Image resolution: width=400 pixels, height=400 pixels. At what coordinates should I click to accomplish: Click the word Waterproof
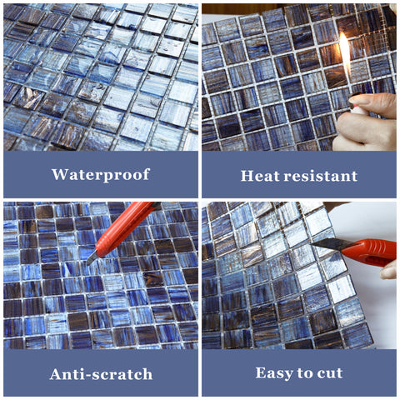pyautogui.click(x=101, y=175)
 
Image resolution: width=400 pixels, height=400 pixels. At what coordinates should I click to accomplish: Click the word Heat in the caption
pyautogui.click(x=261, y=176)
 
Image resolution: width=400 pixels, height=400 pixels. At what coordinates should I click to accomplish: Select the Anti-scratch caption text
pyautogui.click(x=101, y=374)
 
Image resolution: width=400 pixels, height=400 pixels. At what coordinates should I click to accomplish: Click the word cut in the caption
pyautogui.click(x=330, y=372)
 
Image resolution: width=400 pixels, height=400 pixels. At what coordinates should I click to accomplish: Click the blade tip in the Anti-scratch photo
pyautogui.click(x=87, y=264)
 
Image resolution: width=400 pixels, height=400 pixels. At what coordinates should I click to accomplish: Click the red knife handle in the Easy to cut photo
pyautogui.click(x=369, y=252)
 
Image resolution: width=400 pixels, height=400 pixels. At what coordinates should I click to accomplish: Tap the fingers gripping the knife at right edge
pyautogui.click(x=389, y=270)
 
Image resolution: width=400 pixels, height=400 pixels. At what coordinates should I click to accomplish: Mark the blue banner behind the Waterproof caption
pyautogui.click(x=101, y=174)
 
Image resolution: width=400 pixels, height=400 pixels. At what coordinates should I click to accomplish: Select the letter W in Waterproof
pyautogui.click(x=59, y=174)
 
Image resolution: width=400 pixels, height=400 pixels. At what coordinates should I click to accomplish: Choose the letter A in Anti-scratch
pyautogui.click(x=57, y=374)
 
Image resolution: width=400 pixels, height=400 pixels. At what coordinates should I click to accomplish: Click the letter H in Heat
pyautogui.click(x=247, y=176)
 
